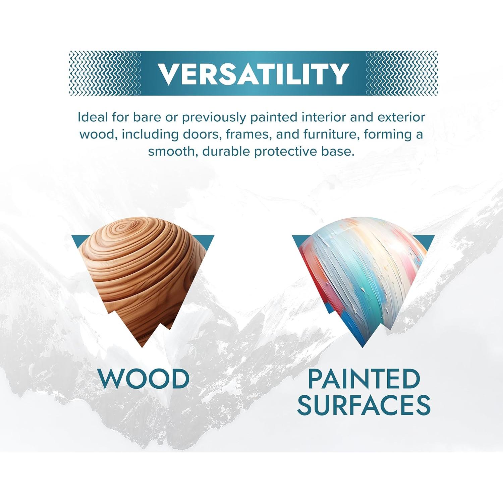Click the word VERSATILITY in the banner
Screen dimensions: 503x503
[x=253, y=73]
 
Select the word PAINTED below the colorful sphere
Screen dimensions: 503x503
[x=364, y=379]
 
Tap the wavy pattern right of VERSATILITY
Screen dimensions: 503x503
[x=402, y=73]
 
